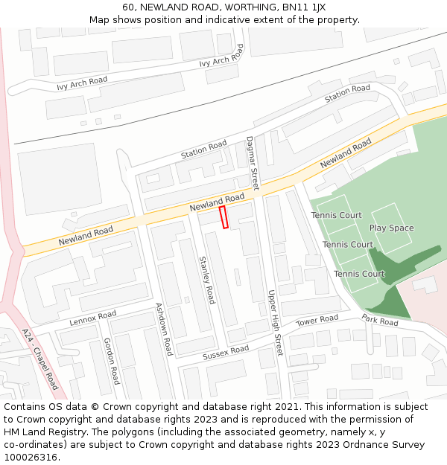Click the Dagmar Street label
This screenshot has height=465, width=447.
click(x=253, y=163)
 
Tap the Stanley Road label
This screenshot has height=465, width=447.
click(x=206, y=280)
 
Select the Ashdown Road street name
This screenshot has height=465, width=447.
click(x=164, y=328)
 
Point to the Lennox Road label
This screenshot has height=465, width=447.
click(x=93, y=319)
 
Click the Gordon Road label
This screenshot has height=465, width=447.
click(x=111, y=361)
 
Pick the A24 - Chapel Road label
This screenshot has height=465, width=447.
click(x=40, y=359)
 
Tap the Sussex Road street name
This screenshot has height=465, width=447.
click(x=225, y=353)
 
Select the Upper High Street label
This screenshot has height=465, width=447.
click(x=275, y=323)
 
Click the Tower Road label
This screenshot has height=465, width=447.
click(x=317, y=321)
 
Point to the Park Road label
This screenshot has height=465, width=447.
click(x=380, y=320)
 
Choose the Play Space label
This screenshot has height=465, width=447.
click(x=391, y=228)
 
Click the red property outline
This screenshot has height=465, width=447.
click(x=223, y=218)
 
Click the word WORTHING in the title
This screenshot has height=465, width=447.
click(x=227, y=7)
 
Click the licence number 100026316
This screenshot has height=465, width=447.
click(x=31, y=458)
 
